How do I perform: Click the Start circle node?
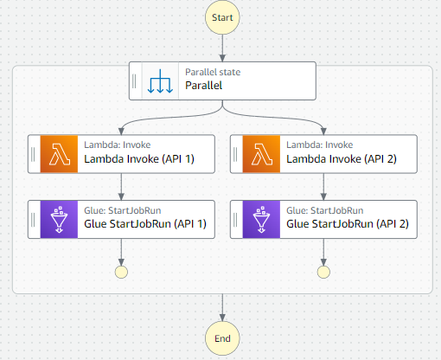coord(222,16)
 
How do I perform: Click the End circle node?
coord(222,338)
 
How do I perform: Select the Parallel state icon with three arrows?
coord(161,80)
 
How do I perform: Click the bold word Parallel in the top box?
coord(204,87)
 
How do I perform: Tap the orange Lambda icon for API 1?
coord(60,153)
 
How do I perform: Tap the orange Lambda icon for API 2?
coord(263,153)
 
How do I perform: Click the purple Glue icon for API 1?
coord(60,219)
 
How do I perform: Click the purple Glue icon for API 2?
coord(263,219)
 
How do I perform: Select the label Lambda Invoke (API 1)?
coord(137,160)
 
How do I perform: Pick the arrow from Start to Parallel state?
coord(222,47)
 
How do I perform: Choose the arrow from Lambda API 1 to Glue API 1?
coord(121,186)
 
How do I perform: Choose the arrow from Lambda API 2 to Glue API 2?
coord(324,186)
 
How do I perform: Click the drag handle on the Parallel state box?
coord(135,80)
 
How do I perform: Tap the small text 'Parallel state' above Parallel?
coord(213,73)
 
